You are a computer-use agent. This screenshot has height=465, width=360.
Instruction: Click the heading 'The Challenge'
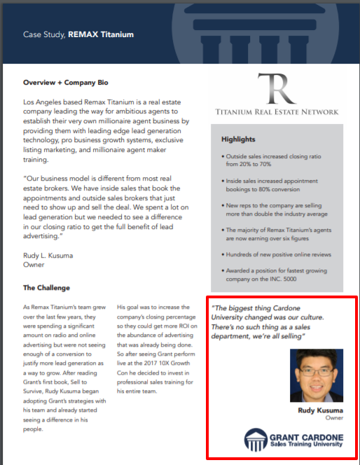46,288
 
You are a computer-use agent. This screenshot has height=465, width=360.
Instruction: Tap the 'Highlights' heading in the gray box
238,139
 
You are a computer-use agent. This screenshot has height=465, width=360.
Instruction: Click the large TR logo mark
277,88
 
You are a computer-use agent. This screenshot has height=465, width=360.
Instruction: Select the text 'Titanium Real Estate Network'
277,112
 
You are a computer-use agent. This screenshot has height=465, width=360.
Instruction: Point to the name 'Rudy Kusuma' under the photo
321,410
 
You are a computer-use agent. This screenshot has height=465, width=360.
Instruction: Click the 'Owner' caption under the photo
334,417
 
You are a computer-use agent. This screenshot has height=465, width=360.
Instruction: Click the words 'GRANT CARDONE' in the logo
305,437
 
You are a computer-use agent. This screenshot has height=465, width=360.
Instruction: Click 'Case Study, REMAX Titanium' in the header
78,34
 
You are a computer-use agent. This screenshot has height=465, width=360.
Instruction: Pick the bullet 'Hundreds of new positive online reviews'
279,254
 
